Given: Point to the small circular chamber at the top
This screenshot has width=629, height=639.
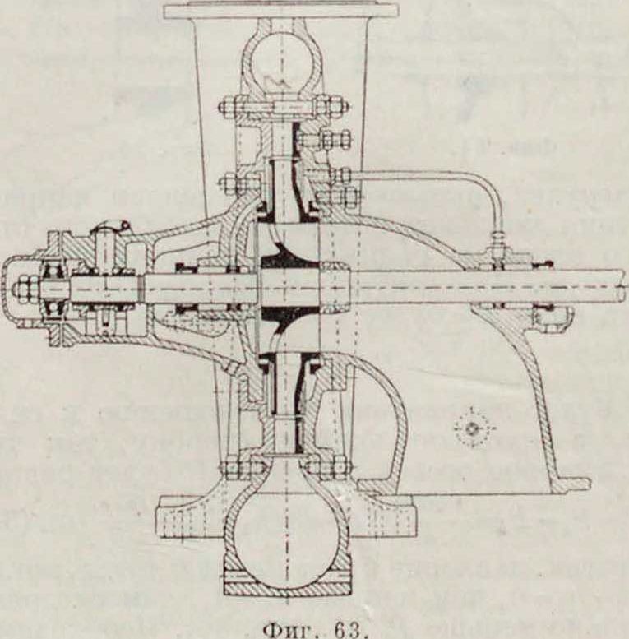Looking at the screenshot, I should (280, 61).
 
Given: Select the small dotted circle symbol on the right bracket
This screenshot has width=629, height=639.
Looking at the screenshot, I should (472, 428).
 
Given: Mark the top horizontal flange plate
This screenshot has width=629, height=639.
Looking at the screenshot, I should (280, 11).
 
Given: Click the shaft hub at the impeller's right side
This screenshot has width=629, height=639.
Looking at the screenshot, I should (333, 286).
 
